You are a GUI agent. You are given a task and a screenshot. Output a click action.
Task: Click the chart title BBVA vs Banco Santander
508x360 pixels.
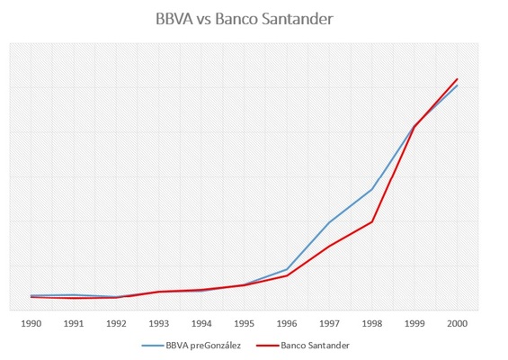[254, 19]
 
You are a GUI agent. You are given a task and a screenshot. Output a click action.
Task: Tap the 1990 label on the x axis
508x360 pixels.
[31, 322]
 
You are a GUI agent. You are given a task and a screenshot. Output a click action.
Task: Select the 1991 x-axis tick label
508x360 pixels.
[74, 322]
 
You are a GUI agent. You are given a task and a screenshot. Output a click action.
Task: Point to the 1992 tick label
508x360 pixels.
[116, 322]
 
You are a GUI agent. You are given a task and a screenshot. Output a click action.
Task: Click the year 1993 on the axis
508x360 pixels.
[159, 322]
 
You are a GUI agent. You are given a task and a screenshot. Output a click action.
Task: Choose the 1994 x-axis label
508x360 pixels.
[201, 322]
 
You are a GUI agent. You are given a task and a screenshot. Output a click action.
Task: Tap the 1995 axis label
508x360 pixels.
[244, 322]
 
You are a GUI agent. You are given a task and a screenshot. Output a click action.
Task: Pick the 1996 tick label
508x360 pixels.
[287, 322]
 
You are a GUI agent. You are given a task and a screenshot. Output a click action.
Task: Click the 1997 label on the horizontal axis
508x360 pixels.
[329, 322]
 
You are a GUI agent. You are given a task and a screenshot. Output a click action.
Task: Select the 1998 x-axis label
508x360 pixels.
[371, 322]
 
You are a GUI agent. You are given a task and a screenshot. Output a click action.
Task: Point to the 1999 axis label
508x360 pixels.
[414, 322]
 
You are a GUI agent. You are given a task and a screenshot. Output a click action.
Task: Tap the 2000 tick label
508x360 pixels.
[457, 322]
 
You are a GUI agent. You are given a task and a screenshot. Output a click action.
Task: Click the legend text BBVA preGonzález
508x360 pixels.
[203, 345]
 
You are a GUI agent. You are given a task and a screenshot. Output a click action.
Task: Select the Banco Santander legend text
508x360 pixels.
[316, 345]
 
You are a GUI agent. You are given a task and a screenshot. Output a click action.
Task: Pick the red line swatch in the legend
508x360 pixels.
[266, 345]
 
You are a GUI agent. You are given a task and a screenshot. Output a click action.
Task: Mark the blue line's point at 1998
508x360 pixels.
[371, 190]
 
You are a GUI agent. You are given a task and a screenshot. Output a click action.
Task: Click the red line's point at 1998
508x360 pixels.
[371, 221]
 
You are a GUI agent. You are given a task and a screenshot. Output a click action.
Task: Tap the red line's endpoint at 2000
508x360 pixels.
[457, 79]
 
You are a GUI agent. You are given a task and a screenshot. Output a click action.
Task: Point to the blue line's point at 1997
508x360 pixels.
[329, 222]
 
